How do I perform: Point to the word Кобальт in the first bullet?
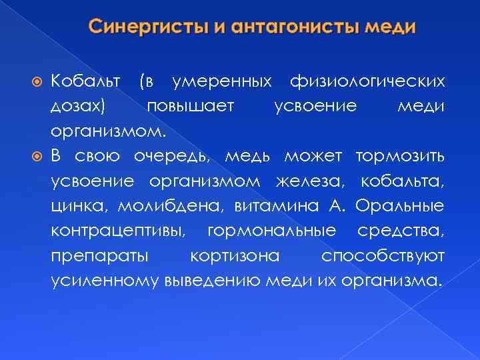click(86, 82)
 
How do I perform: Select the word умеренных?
click(221, 82)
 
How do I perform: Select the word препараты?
click(99, 255)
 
